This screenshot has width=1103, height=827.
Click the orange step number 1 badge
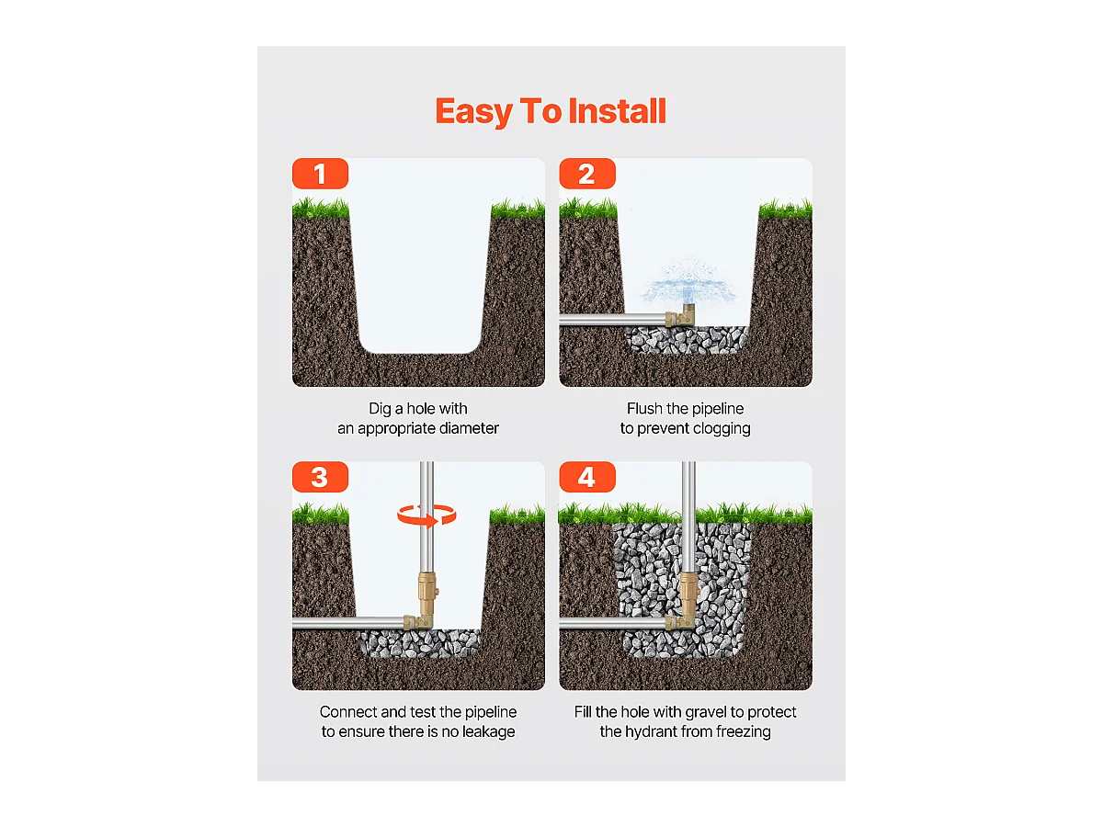click(x=320, y=174)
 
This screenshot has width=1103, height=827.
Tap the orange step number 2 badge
click(x=587, y=174)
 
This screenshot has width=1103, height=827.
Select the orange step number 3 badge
click(x=320, y=477)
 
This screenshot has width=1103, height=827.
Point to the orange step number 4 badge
click(x=587, y=477)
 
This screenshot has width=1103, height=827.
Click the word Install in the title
click(x=617, y=111)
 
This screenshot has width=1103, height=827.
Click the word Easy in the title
click(x=474, y=112)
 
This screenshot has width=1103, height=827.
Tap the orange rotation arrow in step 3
click(x=426, y=515)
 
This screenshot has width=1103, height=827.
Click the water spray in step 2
click(x=689, y=282)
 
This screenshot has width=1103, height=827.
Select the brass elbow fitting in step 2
click(x=680, y=316)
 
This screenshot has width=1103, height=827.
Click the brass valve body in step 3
click(x=427, y=593)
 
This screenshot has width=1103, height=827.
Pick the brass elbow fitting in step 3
click(x=418, y=622)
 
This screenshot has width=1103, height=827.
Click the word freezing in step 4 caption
click(x=744, y=732)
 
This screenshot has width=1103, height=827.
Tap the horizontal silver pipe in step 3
click(x=348, y=623)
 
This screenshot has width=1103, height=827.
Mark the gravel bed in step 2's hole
click(x=687, y=339)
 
